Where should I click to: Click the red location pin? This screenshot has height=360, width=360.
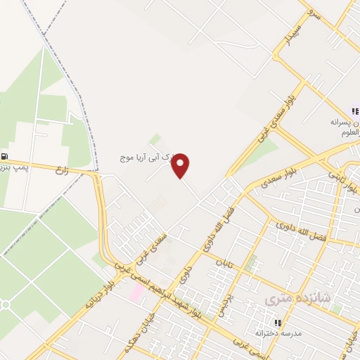coord(181,165)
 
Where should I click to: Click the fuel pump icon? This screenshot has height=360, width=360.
coord(6,157)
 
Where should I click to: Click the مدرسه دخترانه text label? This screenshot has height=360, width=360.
coord(277,332)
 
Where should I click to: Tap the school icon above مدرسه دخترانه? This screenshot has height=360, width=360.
coord(277,322)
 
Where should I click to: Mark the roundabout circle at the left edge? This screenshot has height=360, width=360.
coord(4,304)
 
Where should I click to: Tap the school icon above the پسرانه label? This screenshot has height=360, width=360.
coord(356,111)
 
